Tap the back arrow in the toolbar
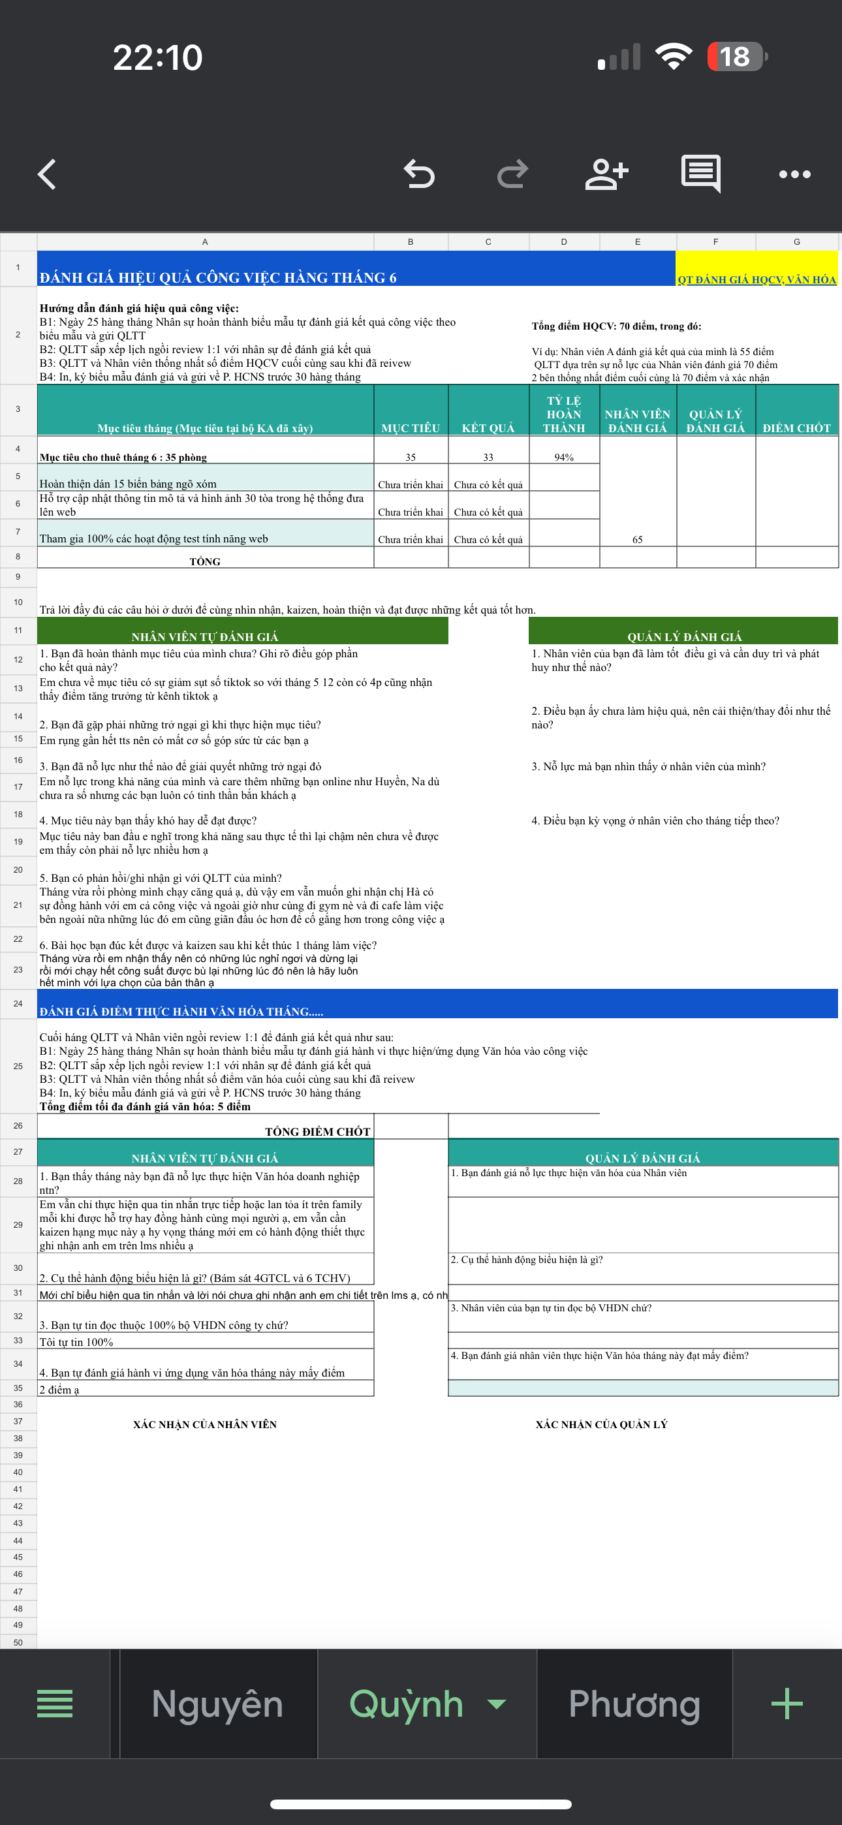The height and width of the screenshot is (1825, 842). click(x=47, y=174)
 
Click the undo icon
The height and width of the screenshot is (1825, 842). click(x=419, y=174)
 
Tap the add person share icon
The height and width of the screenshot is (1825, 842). click(x=606, y=174)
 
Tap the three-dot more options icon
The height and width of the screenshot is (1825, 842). click(x=794, y=174)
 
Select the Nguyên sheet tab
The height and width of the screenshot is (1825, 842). click(x=217, y=1704)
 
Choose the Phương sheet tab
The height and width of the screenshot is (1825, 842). click(x=634, y=1704)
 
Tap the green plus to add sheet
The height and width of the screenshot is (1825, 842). click(x=787, y=1704)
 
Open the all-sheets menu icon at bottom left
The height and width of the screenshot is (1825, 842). click(x=55, y=1704)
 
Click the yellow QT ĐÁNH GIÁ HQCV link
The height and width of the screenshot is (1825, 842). click(x=756, y=279)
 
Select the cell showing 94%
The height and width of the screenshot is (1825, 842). click(x=564, y=457)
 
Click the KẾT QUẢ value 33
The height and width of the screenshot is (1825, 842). click(x=488, y=457)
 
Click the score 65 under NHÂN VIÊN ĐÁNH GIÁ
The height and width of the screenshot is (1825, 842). click(x=637, y=539)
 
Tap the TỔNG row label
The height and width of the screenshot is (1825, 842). click(x=205, y=561)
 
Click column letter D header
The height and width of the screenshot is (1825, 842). click(x=564, y=242)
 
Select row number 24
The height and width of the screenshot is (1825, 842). click(x=18, y=1003)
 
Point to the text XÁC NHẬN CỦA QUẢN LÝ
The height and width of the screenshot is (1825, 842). click(x=601, y=1424)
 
